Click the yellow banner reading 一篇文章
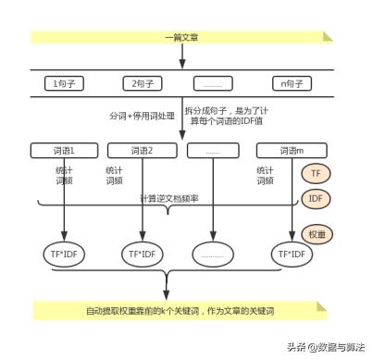tap(181, 37)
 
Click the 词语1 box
tap(64, 150)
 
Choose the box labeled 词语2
tap(141, 150)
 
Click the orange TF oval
tap(316, 173)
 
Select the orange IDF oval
tap(316, 199)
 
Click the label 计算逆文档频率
tap(168, 199)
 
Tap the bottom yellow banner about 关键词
tap(181, 309)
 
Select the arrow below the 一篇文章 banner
tap(181, 57)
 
